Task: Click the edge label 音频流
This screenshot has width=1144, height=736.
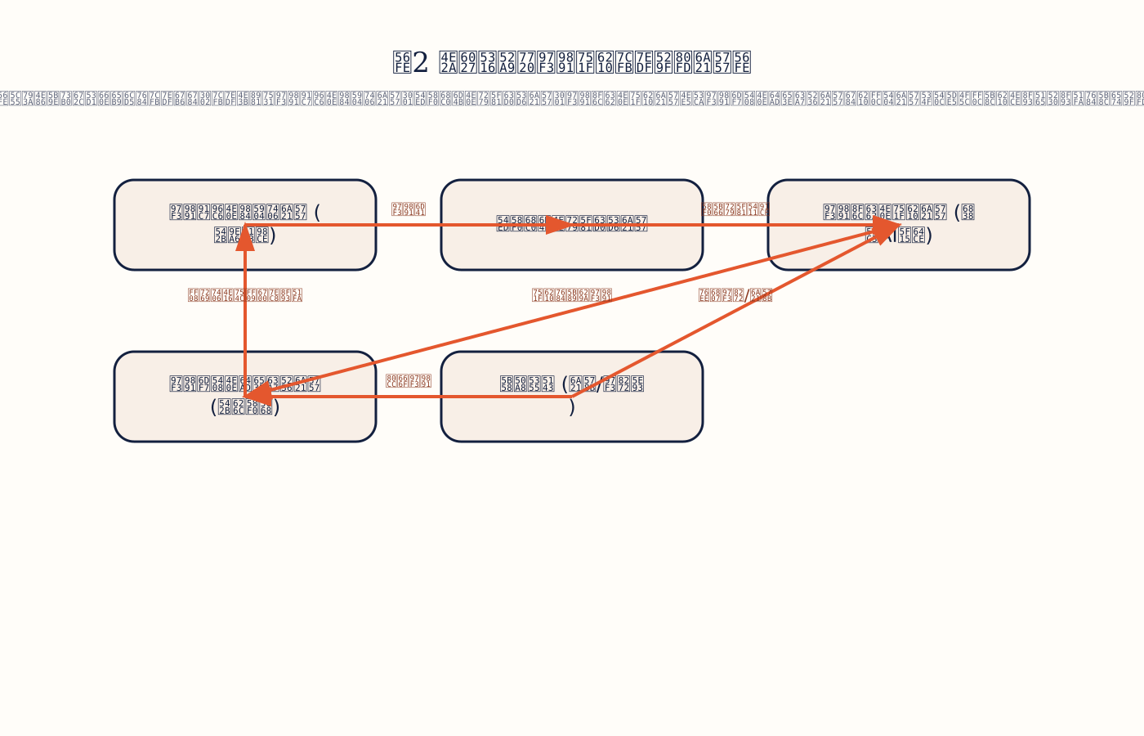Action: (x=409, y=209)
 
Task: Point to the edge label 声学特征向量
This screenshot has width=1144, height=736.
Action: (x=735, y=209)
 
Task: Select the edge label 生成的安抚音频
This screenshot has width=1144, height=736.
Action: (x=572, y=295)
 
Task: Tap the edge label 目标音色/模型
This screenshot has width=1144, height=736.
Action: (x=735, y=295)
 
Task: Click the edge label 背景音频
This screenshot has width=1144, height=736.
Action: (x=409, y=381)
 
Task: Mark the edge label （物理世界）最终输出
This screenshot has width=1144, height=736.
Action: (x=245, y=295)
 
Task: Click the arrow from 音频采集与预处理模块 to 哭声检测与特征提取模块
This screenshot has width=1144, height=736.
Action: (x=409, y=225)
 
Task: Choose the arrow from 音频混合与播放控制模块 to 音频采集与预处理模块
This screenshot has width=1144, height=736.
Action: (x=245, y=327)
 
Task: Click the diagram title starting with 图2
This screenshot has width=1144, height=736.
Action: (x=572, y=62)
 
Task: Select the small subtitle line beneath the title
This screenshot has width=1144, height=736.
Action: (x=572, y=99)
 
